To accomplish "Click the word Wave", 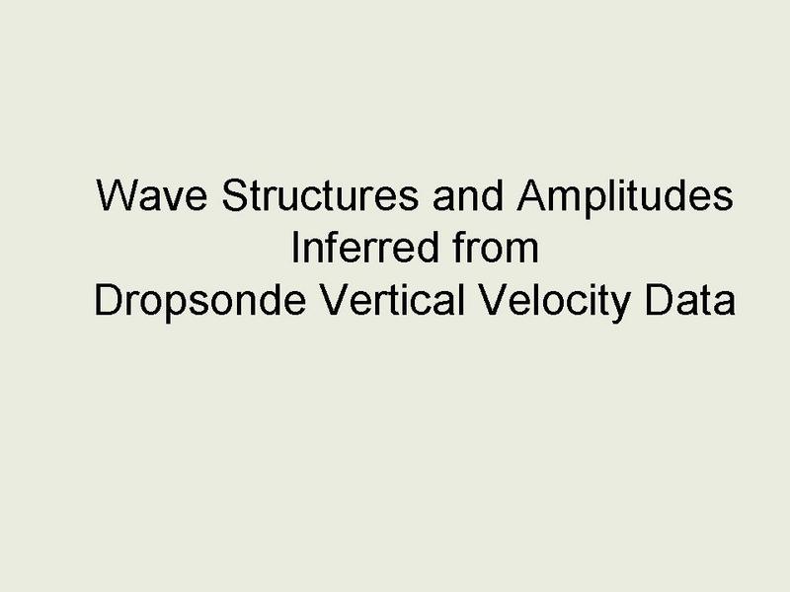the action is (151, 194).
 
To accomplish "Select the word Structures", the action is (320, 194).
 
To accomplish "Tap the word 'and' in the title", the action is (468, 194).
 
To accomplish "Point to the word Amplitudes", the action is (625, 198).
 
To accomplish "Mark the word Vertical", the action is (392, 300).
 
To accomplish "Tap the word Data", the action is (689, 300).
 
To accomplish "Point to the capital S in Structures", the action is (236, 194).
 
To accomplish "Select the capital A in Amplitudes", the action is (532, 194).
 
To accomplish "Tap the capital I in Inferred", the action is (294, 248).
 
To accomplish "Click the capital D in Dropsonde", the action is (109, 300).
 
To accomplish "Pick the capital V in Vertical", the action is (336, 300).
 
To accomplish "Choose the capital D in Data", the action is (660, 300).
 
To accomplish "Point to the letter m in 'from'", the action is (523, 252).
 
